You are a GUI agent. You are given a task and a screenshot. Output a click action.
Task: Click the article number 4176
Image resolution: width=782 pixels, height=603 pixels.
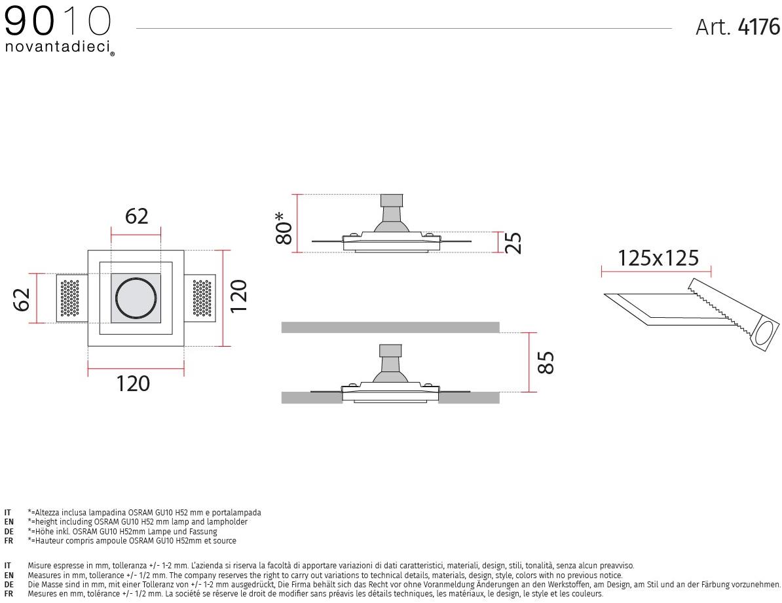(x=758, y=27)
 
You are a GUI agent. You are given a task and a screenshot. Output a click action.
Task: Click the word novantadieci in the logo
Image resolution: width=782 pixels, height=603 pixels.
(x=57, y=47)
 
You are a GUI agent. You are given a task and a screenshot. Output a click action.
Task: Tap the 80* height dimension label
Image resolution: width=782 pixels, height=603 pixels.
(x=284, y=228)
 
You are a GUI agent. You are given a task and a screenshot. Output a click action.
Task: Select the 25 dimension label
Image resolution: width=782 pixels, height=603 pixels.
(x=513, y=243)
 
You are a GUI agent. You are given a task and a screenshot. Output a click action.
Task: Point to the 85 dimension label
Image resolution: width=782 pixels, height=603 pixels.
(x=546, y=362)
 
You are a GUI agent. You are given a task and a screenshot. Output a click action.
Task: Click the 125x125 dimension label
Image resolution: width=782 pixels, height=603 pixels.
(x=658, y=258)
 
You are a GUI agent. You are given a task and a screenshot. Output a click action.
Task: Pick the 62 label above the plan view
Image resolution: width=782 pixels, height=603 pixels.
(x=137, y=216)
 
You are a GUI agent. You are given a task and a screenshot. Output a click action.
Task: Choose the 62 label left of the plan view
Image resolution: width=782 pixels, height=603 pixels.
(x=22, y=300)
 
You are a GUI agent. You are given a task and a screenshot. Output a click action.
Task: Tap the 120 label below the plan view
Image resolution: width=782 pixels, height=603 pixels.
(x=133, y=383)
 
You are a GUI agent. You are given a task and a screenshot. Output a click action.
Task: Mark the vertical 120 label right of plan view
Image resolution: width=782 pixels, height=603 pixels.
(x=238, y=296)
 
